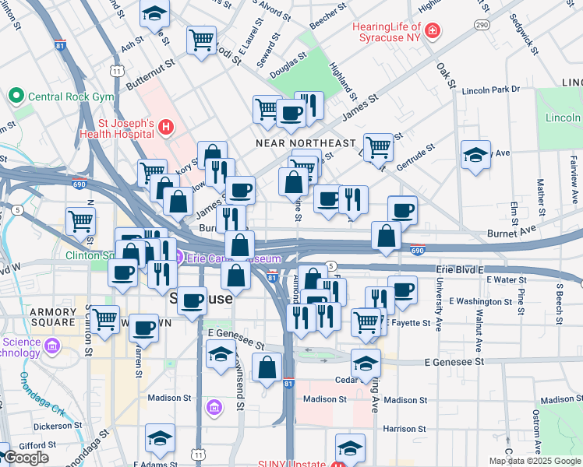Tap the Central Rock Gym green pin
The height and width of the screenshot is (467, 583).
14,97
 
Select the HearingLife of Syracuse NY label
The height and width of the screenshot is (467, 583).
387,32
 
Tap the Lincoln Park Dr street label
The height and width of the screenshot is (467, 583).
490,90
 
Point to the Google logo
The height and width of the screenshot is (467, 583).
25,458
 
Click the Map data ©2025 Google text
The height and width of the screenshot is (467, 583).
535,461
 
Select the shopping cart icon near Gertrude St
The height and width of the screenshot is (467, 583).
378,147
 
